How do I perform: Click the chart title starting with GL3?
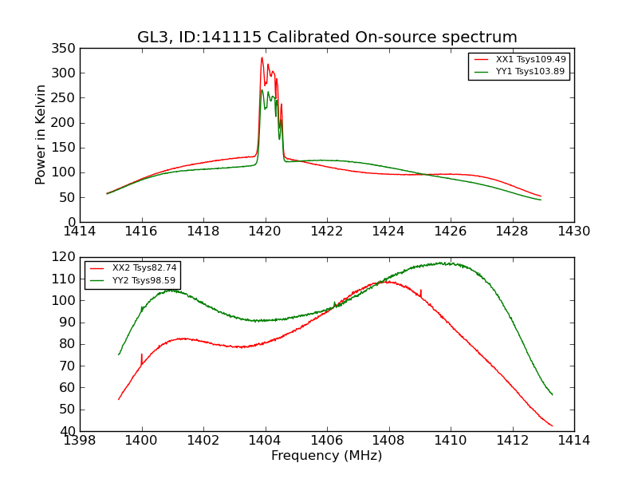[x=327, y=37]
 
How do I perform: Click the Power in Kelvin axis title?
[x=41, y=135]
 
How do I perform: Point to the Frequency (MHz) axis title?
[x=326, y=456]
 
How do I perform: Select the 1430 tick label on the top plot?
[x=573, y=232]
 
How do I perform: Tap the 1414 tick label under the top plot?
[x=80, y=232]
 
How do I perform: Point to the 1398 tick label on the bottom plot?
[x=80, y=441]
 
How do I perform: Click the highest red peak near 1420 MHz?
[x=262, y=57]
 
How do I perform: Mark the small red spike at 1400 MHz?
[x=142, y=354]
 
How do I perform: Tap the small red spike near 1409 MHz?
[x=420, y=291]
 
